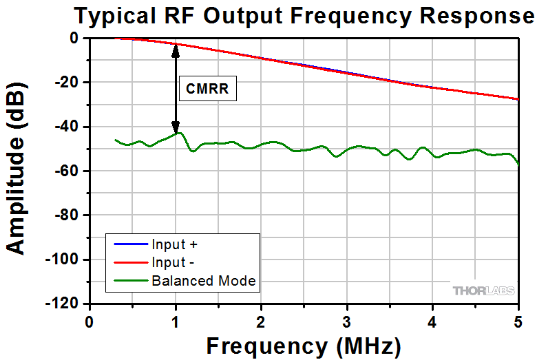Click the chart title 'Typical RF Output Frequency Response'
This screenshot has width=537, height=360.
(299, 15)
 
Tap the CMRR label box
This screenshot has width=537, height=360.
(207, 88)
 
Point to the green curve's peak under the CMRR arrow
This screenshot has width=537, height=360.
(178, 133)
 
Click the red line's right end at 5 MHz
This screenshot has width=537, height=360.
(518, 99)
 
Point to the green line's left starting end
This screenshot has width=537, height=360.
(115, 140)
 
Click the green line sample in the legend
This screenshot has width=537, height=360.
(128, 280)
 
